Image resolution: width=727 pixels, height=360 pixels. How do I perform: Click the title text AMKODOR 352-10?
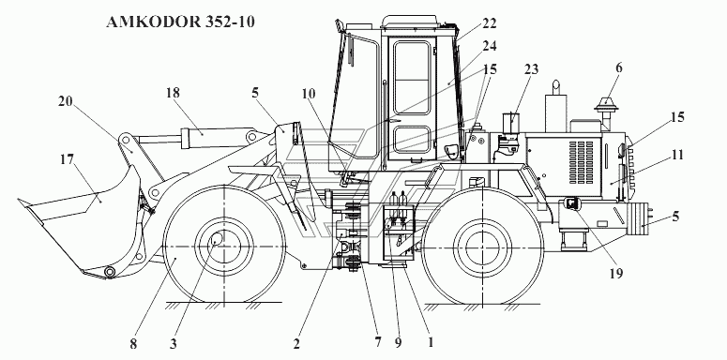[180, 22]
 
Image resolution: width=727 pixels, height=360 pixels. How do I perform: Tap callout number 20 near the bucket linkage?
[66, 101]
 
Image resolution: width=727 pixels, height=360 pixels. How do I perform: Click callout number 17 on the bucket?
[68, 160]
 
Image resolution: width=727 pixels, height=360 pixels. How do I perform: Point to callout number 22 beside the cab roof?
[489, 22]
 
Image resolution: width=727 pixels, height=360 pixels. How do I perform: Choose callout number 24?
[489, 46]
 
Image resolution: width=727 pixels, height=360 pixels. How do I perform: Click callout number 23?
[531, 69]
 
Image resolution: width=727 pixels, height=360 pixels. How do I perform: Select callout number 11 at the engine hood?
[677, 155]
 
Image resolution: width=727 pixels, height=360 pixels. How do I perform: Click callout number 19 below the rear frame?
[615, 274]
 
